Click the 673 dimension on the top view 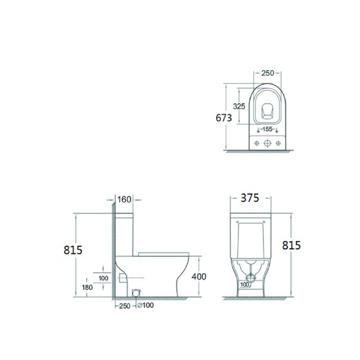pyautogui.click(x=224, y=118)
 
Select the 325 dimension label pyautogui.click(x=239, y=106)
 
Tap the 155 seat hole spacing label pyautogui.click(x=267, y=129)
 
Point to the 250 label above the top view pyautogui.click(x=267, y=73)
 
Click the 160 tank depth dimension pyautogui.click(x=124, y=199)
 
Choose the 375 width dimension pyautogui.click(x=250, y=198)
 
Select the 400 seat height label pyautogui.click(x=199, y=276)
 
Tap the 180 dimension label pyautogui.click(x=87, y=287)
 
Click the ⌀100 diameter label pyautogui.click(x=145, y=305)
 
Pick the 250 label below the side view pyautogui.click(x=125, y=306)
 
